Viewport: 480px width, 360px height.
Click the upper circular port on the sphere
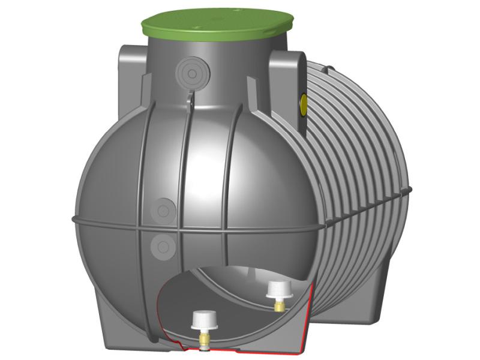click(163, 211)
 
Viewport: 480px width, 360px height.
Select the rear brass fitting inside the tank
click(278, 307)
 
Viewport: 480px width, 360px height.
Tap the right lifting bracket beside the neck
click(285, 75)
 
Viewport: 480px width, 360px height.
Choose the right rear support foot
click(372, 294)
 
